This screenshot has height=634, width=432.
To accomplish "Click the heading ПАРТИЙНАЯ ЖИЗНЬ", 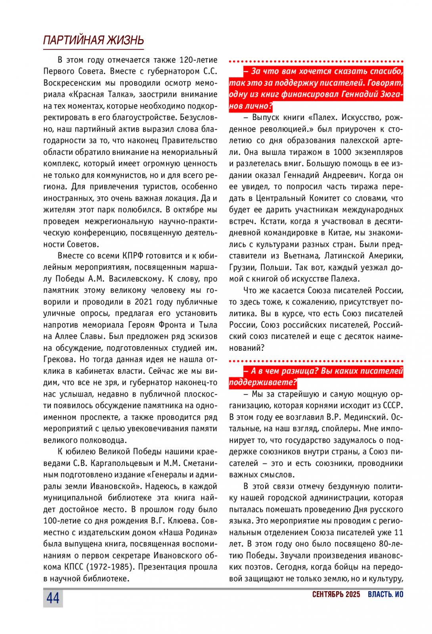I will pos(93,40).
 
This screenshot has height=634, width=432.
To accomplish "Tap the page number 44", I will pos(53,598).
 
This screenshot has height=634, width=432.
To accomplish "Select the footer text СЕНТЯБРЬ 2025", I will pos(336,594).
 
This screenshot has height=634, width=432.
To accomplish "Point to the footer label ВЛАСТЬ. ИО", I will pos(385,594).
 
